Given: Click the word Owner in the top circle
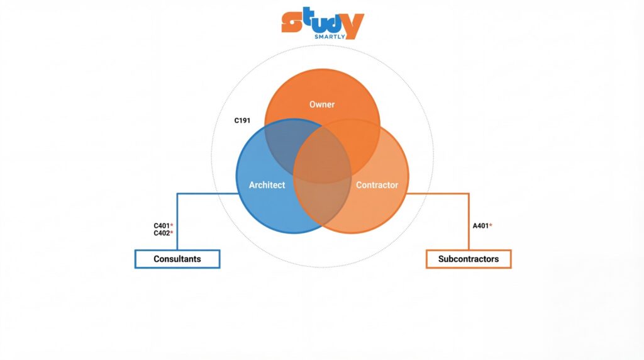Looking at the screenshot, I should tap(322, 104).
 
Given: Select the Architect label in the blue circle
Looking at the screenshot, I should tap(267, 185).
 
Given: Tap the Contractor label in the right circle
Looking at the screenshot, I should tap(377, 185).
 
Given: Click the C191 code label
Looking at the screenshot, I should tap(242, 120).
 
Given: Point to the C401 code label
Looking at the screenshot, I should tap(162, 225).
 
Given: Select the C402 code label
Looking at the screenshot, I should tap(162, 233).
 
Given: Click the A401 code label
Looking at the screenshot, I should tap(480, 225).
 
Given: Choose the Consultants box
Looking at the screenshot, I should tap(177, 259).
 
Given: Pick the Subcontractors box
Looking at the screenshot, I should tap(469, 259).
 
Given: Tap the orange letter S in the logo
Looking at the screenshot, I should tap(290, 23).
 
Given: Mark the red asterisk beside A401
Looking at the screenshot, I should tap(491, 225).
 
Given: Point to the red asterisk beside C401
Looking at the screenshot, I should tap(172, 225).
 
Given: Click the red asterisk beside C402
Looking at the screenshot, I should tap(172, 232).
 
